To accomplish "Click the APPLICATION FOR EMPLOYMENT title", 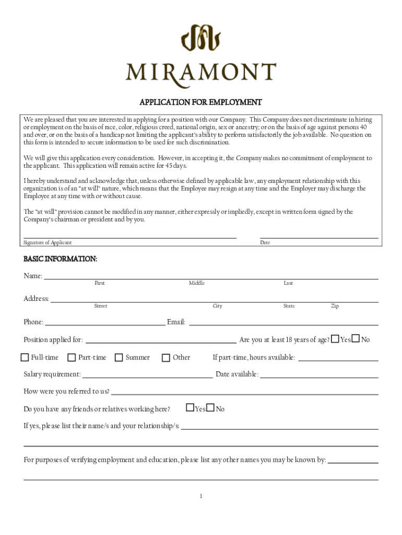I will coord(200,102).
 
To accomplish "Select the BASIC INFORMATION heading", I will coord(60,259).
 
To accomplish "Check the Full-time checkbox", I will coord(25,357).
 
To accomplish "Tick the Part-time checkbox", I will coord(70,357).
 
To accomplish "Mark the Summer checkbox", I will coord(119,357).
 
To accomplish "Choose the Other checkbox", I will coord(166,357).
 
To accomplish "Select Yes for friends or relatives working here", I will coord(191,408).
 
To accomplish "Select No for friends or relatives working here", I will coord(210,408).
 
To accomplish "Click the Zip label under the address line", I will coord(335,306).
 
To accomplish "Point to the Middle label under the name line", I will coord(197,283).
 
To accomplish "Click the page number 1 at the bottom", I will coord(200,496).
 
